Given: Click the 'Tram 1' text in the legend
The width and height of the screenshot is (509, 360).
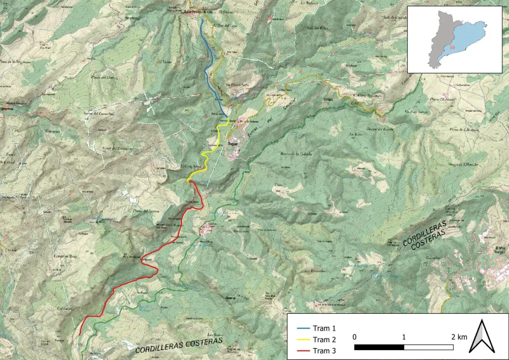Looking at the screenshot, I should coord(325,328).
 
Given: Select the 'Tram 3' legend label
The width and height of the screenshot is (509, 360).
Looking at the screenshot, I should coord(325,351).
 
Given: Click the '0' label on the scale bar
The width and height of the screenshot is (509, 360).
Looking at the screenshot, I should coord(354,337).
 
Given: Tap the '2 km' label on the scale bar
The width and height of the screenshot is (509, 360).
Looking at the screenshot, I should coord(459,337).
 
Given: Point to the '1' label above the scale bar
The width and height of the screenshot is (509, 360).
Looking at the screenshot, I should coord(404,337).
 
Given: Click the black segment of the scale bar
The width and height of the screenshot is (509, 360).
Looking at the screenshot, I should coord(379,346).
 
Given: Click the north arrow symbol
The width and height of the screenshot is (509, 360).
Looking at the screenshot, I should coord(481,335).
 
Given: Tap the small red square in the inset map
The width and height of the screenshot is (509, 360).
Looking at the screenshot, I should coord(452,48).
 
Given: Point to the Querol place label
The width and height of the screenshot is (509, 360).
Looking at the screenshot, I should coord(230,298).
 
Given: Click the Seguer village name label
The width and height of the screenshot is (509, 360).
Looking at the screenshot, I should coord(232,143).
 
